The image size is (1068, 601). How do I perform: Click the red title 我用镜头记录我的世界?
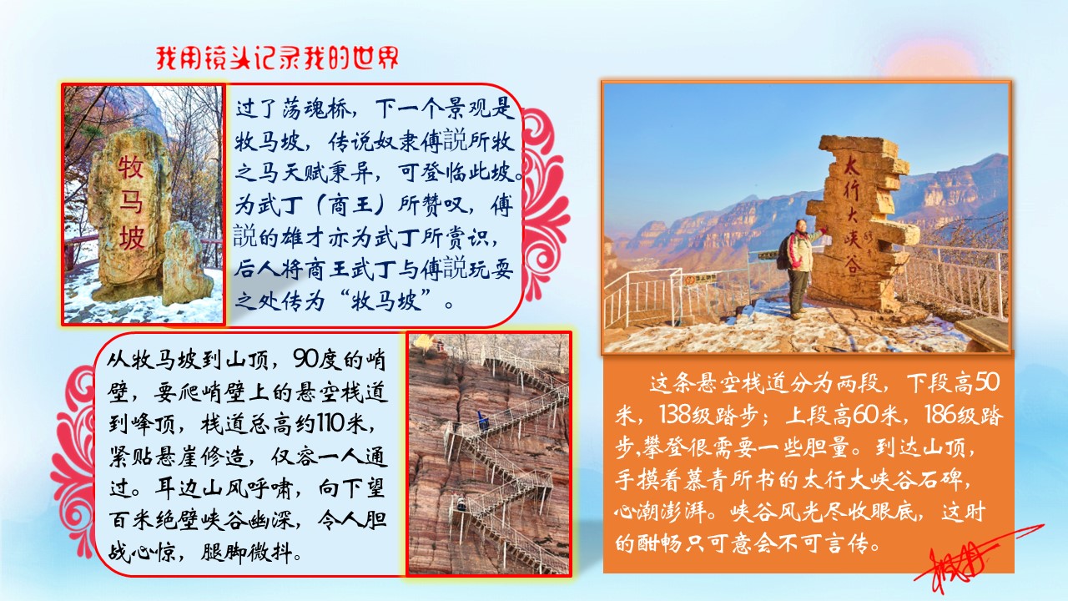click(277, 58)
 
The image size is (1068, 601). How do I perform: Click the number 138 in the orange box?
click(673, 415)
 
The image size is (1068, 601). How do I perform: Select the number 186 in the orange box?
click(936, 415)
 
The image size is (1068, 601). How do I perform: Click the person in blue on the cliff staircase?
click(483, 420)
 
